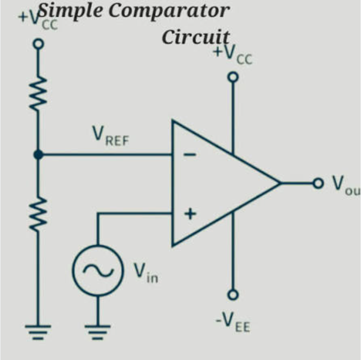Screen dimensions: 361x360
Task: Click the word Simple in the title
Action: click(70, 11)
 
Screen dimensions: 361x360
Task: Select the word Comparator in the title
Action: click(169, 11)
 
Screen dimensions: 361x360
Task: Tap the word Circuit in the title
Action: click(196, 37)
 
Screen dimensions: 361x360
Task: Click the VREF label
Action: click(111, 136)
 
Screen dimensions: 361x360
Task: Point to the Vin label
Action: click(146, 273)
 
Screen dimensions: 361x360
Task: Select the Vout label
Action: click(346, 186)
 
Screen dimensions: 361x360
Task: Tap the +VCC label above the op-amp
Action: click(233, 54)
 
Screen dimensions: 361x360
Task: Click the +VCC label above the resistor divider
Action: click(38, 21)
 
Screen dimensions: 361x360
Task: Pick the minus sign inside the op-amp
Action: click(190, 155)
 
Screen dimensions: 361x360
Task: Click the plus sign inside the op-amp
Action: click(190, 214)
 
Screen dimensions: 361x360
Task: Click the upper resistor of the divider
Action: click(38, 93)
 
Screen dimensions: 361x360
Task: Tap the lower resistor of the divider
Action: click(38, 214)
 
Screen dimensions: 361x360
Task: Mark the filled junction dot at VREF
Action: click(38, 154)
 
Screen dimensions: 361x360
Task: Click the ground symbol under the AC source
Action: click(98, 332)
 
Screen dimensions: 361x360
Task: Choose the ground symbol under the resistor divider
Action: click(38, 332)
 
